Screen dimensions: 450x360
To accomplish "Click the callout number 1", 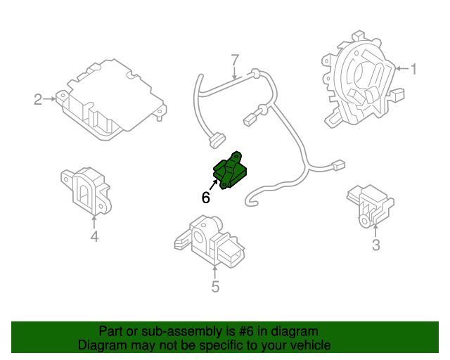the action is click(x=414, y=69).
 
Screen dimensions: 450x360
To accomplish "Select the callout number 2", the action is click(x=38, y=100).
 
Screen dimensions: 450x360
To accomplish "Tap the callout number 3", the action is click(x=375, y=245).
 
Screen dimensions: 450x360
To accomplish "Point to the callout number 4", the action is click(x=94, y=236).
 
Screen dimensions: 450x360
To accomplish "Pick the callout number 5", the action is click(x=215, y=286).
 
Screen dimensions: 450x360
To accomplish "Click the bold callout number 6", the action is click(x=205, y=198).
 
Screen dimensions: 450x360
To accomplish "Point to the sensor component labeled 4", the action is click(x=86, y=190).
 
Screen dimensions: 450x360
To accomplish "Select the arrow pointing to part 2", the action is click(x=51, y=100).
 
